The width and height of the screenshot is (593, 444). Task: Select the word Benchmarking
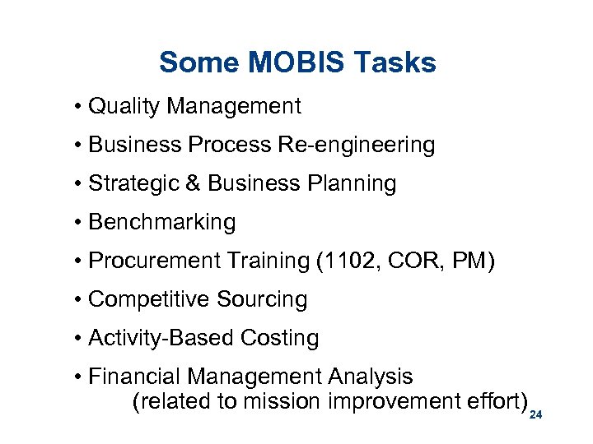[161, 222]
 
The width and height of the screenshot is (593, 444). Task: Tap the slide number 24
[536, 416]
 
